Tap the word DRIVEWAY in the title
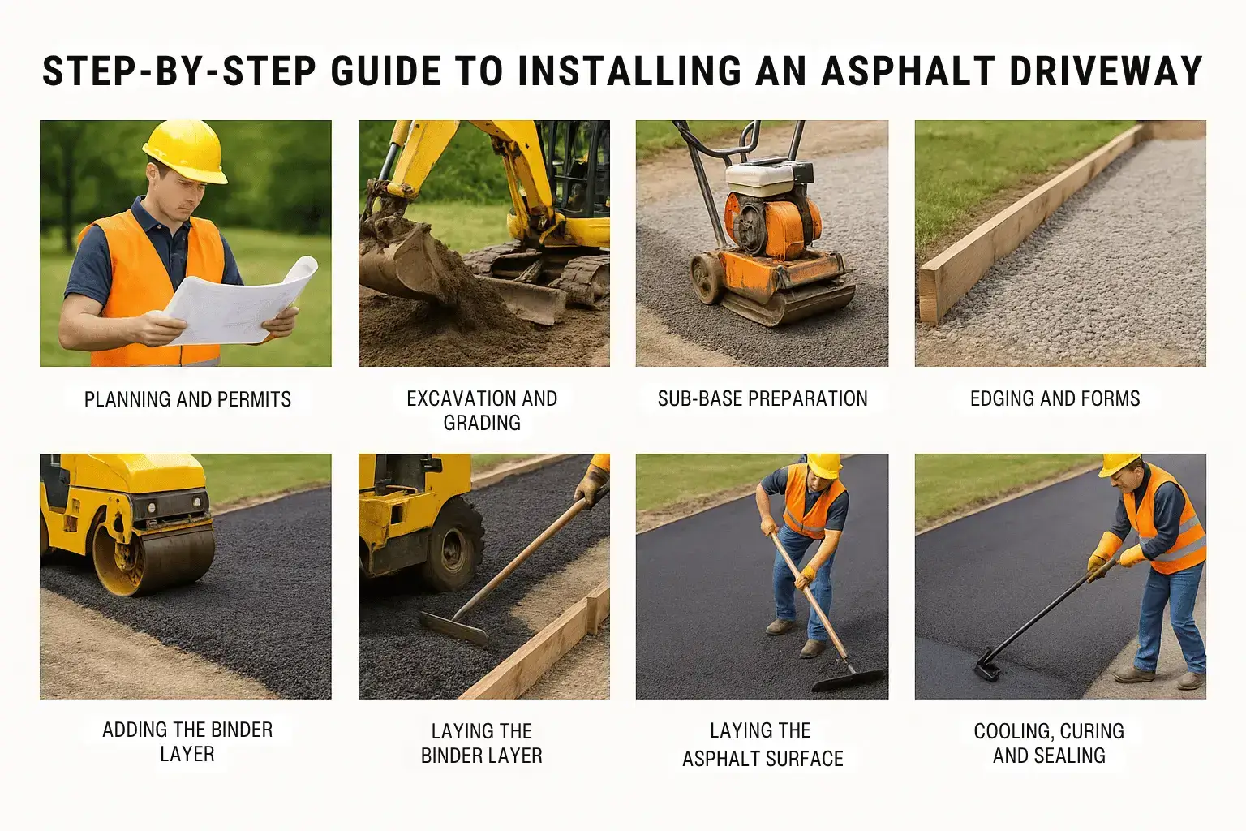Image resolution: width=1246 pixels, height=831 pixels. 1106,71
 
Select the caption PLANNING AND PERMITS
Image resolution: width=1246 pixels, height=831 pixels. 187,399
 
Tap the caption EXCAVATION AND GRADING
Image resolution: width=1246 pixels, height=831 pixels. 483,411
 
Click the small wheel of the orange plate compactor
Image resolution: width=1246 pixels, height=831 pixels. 707,278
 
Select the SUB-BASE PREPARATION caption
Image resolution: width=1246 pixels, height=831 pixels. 763,398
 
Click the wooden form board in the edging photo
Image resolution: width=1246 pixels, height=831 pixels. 1029,222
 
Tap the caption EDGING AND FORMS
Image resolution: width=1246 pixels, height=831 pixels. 1055,398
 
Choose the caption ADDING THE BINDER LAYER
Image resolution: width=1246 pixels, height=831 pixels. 187,742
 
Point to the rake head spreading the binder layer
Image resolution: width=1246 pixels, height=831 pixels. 453,628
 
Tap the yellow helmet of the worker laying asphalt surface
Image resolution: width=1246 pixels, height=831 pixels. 824,465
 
